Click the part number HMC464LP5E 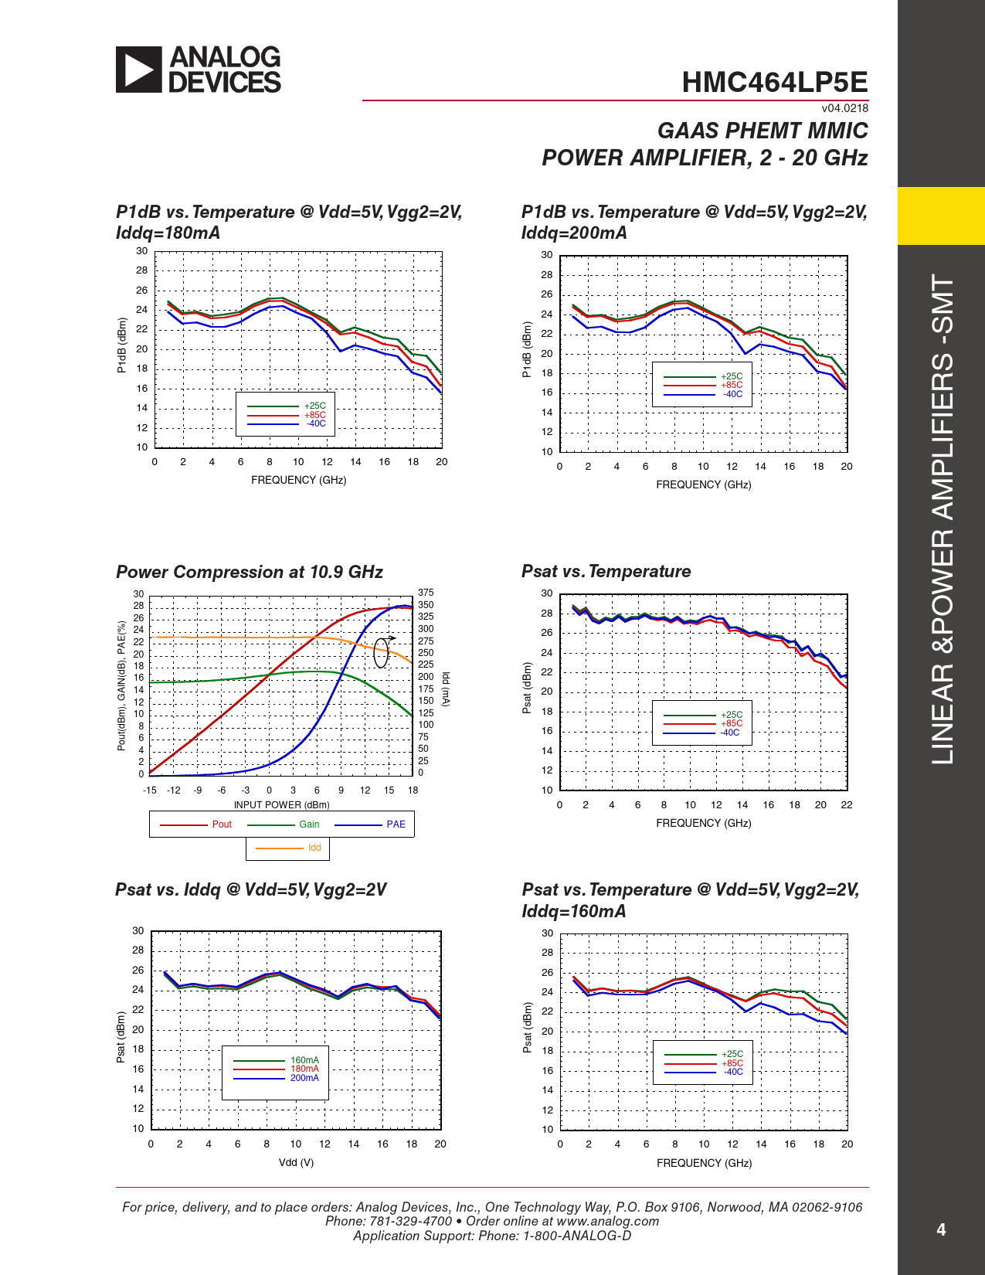[x=774, y=83]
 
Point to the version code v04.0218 [x=844, y=108]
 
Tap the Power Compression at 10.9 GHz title [x=250, y=572]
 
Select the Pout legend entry [x=222, y=824]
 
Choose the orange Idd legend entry [x=314, y=848]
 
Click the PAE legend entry [x=396, y=824]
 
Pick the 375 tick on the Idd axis [x=426, y=593]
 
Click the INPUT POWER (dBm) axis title [x=281, y=804]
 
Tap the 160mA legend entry [x=304, y=1060]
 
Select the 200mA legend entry [x=304, y=1078]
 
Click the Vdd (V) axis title [x=296, y=1162]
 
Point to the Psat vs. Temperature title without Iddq [x=606, y=571]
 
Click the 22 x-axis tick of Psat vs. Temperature [x=847, y=804]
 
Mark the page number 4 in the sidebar [x=941, y=1229]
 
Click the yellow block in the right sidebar [x=941, y=216]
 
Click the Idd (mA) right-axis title [x=446, y=688]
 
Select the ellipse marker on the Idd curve [x=381, y=653]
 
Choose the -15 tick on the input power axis [x=150, y=790]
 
